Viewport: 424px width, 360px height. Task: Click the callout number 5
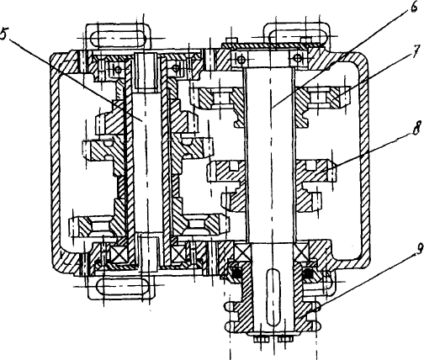click(x=4, y=34)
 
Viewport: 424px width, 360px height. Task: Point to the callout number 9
click(x=419, y=250)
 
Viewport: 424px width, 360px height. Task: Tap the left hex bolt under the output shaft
click(x=262, y=339)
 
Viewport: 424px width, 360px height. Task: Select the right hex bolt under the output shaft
click(x=285, y=339)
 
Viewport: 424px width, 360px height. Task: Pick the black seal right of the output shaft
click(x=309, y=273)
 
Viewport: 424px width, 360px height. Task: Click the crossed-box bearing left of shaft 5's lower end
click(x=119, y=254)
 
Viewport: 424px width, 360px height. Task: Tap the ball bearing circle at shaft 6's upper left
click(x=241, y=59)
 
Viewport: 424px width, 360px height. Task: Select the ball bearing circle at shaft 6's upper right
click(x=297, y=58)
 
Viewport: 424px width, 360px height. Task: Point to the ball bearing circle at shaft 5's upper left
click(x=119, y=69)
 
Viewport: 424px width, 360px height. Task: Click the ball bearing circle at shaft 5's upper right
click(x=176, y=67)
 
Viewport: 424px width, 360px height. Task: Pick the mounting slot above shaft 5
click(x=118, y=37)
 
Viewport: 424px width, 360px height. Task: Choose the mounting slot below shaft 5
click(x=123, y=285)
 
